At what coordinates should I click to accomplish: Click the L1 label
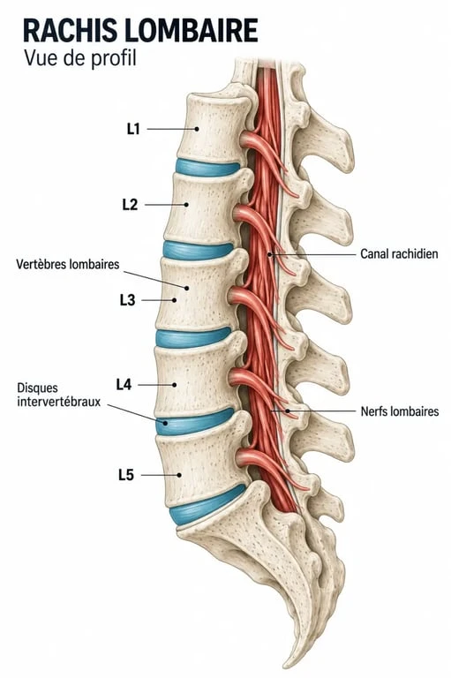[133, 129]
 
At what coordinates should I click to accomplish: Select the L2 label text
[130, 205]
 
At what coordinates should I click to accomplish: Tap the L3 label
[128, 300]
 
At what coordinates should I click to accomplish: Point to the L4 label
[124, 384]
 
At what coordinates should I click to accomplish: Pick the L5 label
[126, 475]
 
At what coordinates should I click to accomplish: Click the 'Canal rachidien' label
[399, 254]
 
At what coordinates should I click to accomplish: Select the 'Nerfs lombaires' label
[400, 411]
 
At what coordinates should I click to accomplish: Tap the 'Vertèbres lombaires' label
[67, 264]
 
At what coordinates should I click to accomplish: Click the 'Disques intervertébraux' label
[59, 395]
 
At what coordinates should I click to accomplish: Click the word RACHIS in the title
[70, 30]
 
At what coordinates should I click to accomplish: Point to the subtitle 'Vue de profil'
[80, 58]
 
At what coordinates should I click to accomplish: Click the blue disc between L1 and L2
[207, 168]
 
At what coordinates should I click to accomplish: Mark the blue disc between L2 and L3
[198, 251]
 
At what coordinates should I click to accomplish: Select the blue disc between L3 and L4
[193, 338]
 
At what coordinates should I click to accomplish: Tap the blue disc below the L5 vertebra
[207, 506]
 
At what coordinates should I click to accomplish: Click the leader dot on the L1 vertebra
[197, 129]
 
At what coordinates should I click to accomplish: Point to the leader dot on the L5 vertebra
[179, 475]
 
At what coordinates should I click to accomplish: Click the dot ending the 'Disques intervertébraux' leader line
[165, 423]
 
